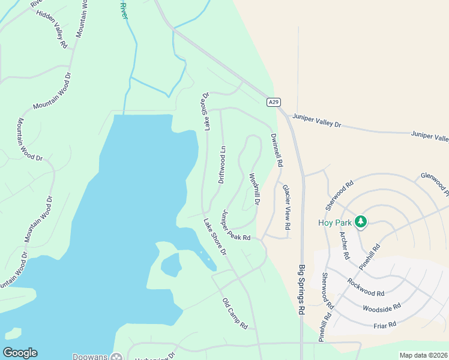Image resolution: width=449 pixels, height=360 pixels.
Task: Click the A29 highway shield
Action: click(x=274, y=102)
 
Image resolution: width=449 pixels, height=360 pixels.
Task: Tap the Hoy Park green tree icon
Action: click(x=360, y=222)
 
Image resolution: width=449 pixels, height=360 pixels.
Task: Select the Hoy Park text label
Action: click(x=334, y=222)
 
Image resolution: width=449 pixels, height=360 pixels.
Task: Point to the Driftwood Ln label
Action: click(x=222, y=165)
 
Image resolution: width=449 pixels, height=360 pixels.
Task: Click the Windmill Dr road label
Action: click(x=255, y=189)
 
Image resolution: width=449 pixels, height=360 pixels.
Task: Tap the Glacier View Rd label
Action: click(x=286, y=208)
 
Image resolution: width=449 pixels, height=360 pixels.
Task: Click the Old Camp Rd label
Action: click(x=235, y=314)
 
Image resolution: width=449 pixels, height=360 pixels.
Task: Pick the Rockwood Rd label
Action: click(x=366, y=286)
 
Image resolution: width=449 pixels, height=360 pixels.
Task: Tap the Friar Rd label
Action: click(x=384, y=325)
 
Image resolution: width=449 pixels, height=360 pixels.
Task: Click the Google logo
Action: click(x=20, y=353)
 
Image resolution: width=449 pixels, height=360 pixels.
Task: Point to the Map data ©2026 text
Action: click(x=423, y=355)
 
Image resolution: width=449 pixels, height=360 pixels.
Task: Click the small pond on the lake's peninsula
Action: click(x=170, y=264)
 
